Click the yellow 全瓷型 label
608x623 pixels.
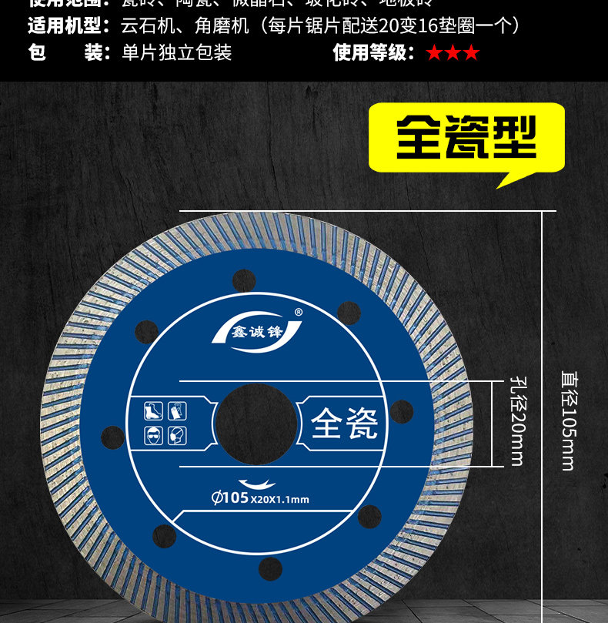[466, 138]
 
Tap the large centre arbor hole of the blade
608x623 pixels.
[256, 422]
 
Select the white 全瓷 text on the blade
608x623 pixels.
[345, 422]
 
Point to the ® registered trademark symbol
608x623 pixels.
[298, 312]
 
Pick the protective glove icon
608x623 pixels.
[177, 410]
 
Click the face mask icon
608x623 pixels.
[177, 435]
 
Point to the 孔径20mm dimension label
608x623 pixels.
[516, 421]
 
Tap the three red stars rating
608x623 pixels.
[453, 52]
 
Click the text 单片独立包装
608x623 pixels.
[176, 52]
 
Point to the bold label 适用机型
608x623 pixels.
[66, 26]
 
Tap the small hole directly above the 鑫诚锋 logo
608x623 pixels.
[244, 280]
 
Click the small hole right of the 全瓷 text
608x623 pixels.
[401, 412]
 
